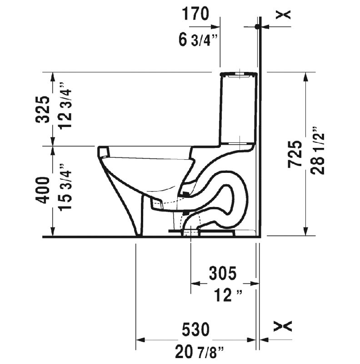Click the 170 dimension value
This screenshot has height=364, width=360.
pos(196,14)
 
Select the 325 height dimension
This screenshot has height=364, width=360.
pos(43,110)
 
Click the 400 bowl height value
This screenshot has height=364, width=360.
pos(43,190)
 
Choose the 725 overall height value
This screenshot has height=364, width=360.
pos(295,155)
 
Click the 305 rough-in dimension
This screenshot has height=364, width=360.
pos(223,273)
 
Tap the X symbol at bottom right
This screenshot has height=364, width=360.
pos(283,326)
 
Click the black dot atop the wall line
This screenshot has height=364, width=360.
pos(258,27)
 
